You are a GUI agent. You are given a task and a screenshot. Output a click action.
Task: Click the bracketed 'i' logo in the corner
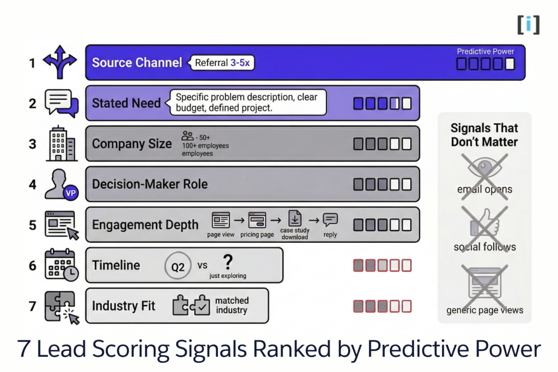[x=528, y=25]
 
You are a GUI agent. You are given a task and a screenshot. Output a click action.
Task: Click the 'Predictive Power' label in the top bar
[x=485, y=52]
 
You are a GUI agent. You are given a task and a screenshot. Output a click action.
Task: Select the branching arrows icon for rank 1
[x=60, y=63]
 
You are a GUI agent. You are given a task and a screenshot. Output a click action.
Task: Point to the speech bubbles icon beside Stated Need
[x=60, y=103]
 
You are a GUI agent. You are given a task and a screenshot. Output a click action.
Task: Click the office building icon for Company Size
[x=61, y=144]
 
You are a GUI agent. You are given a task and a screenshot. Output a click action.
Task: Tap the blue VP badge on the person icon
[x=70, y=193]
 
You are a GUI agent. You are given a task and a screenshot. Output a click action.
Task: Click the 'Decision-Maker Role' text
[x=150, y=184]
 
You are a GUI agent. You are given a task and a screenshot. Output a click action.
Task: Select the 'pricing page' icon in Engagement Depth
[x=257, y=220]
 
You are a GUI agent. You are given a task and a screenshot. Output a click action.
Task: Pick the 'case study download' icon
[x=294, y=218]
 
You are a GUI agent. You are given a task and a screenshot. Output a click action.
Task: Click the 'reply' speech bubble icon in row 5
[x=330, y=219]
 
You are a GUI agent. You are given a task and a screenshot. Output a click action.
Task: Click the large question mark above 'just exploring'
[x=228, y=262]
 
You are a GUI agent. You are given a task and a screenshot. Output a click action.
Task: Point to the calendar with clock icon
[x=61, y=265]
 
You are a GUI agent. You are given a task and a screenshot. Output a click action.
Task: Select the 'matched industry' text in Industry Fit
[x=232, y=306]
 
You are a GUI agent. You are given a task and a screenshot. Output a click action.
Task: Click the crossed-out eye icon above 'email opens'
[x=484, y=167]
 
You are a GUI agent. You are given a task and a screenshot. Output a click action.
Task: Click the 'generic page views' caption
[x=484, y=310]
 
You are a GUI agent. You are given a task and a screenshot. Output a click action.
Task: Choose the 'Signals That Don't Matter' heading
[x=484, y=135]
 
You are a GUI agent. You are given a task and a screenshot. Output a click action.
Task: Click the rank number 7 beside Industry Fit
[x=33, y=306]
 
